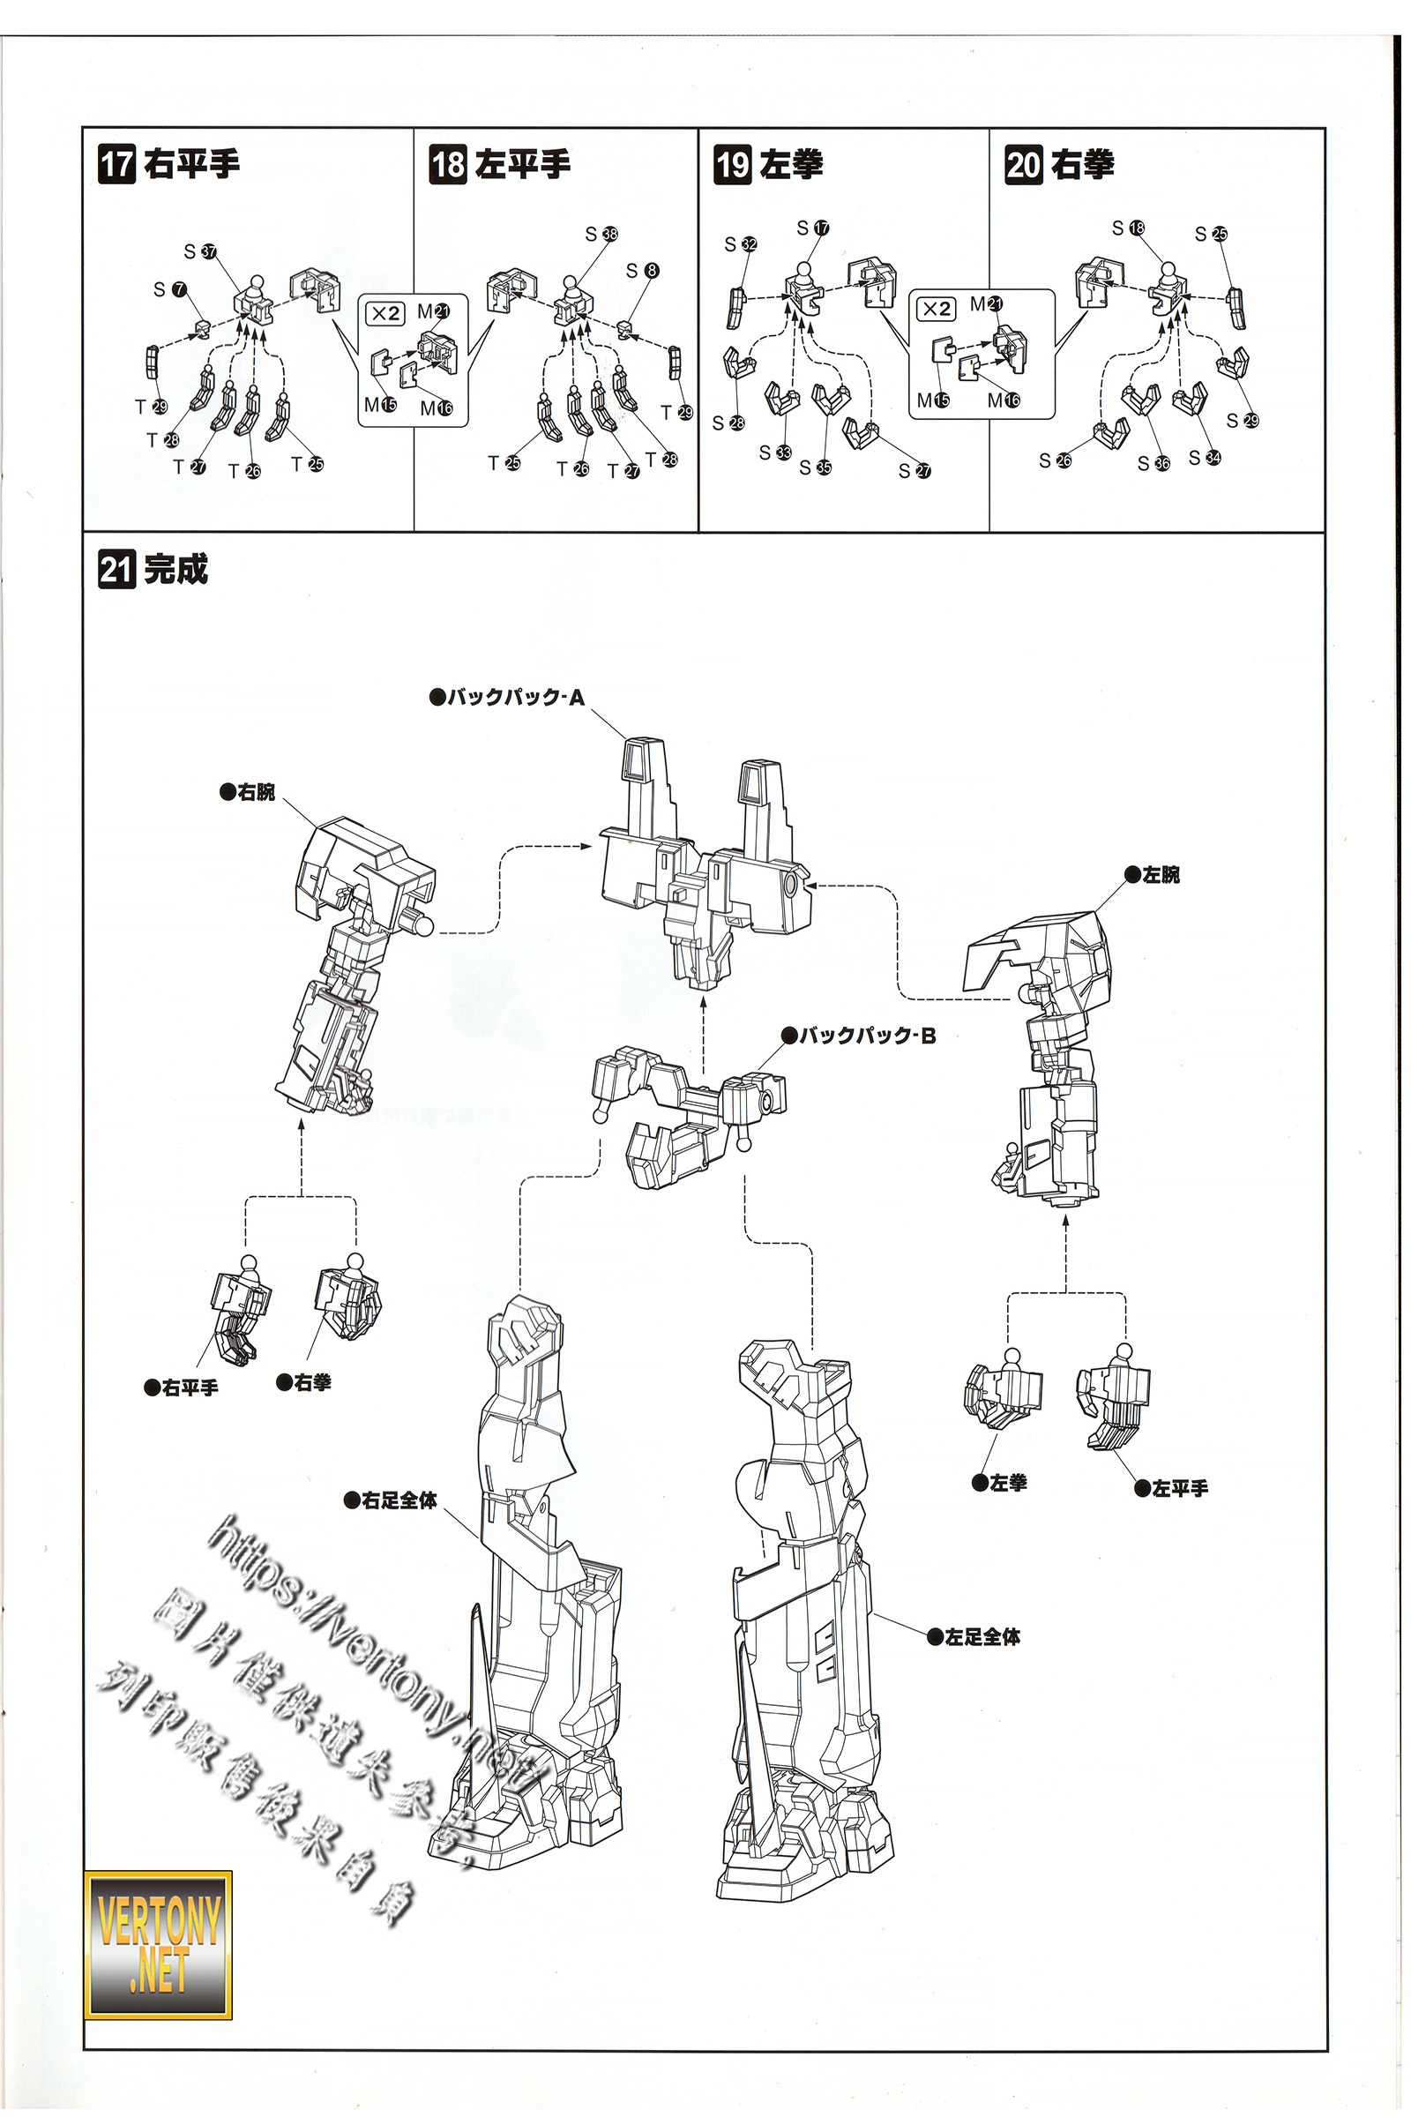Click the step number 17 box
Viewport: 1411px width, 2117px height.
coord(116,165)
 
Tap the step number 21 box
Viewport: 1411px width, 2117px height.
coord(116,570)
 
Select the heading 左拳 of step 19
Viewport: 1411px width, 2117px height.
coord(791,165)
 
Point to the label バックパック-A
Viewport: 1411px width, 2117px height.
coord(509,697)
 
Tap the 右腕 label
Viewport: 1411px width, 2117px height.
coord(249,792)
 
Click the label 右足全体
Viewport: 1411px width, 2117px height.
coord(392,1500)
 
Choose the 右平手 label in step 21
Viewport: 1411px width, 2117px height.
coord(182,1388)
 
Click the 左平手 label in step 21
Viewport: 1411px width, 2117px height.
coord(1172,1489)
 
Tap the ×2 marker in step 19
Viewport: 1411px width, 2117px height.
coord(936,309)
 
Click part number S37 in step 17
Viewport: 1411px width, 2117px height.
coord(200,251)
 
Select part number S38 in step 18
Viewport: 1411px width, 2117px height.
coord(601,234)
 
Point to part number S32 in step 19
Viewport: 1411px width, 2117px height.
coord(741,244)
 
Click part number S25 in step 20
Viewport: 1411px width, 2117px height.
coord(1210,234)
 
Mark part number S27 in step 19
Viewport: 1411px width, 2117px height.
coord(915,471)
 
